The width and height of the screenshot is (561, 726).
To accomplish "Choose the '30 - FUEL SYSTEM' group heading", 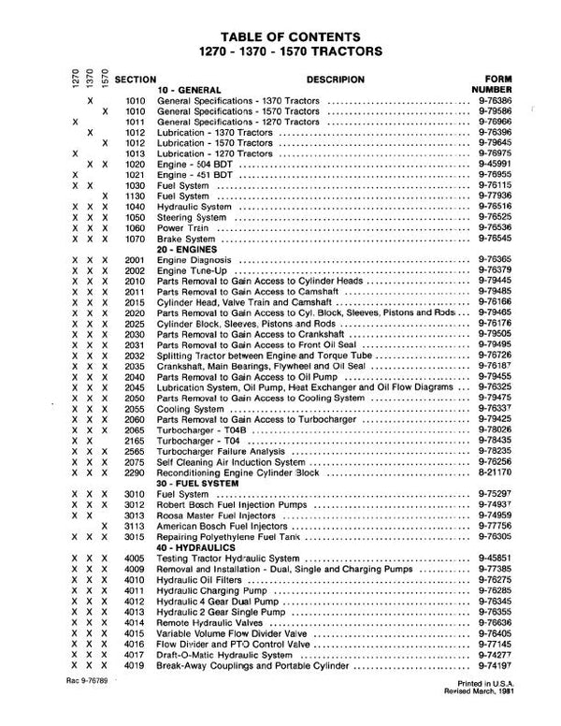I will click(x=197, y=481).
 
